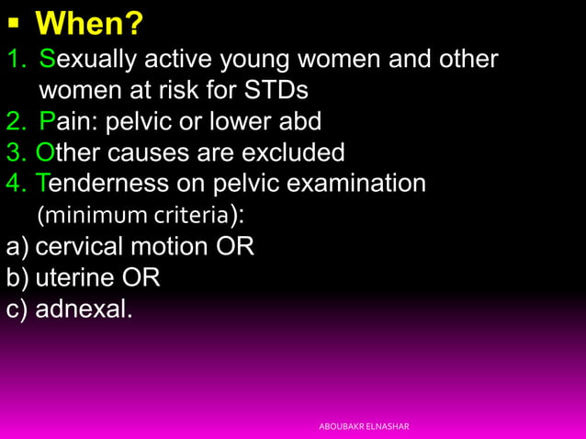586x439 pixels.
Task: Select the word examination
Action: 356,184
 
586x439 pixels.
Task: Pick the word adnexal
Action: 84,309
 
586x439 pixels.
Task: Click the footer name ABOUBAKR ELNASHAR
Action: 364,426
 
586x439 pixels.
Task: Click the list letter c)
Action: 17,309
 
